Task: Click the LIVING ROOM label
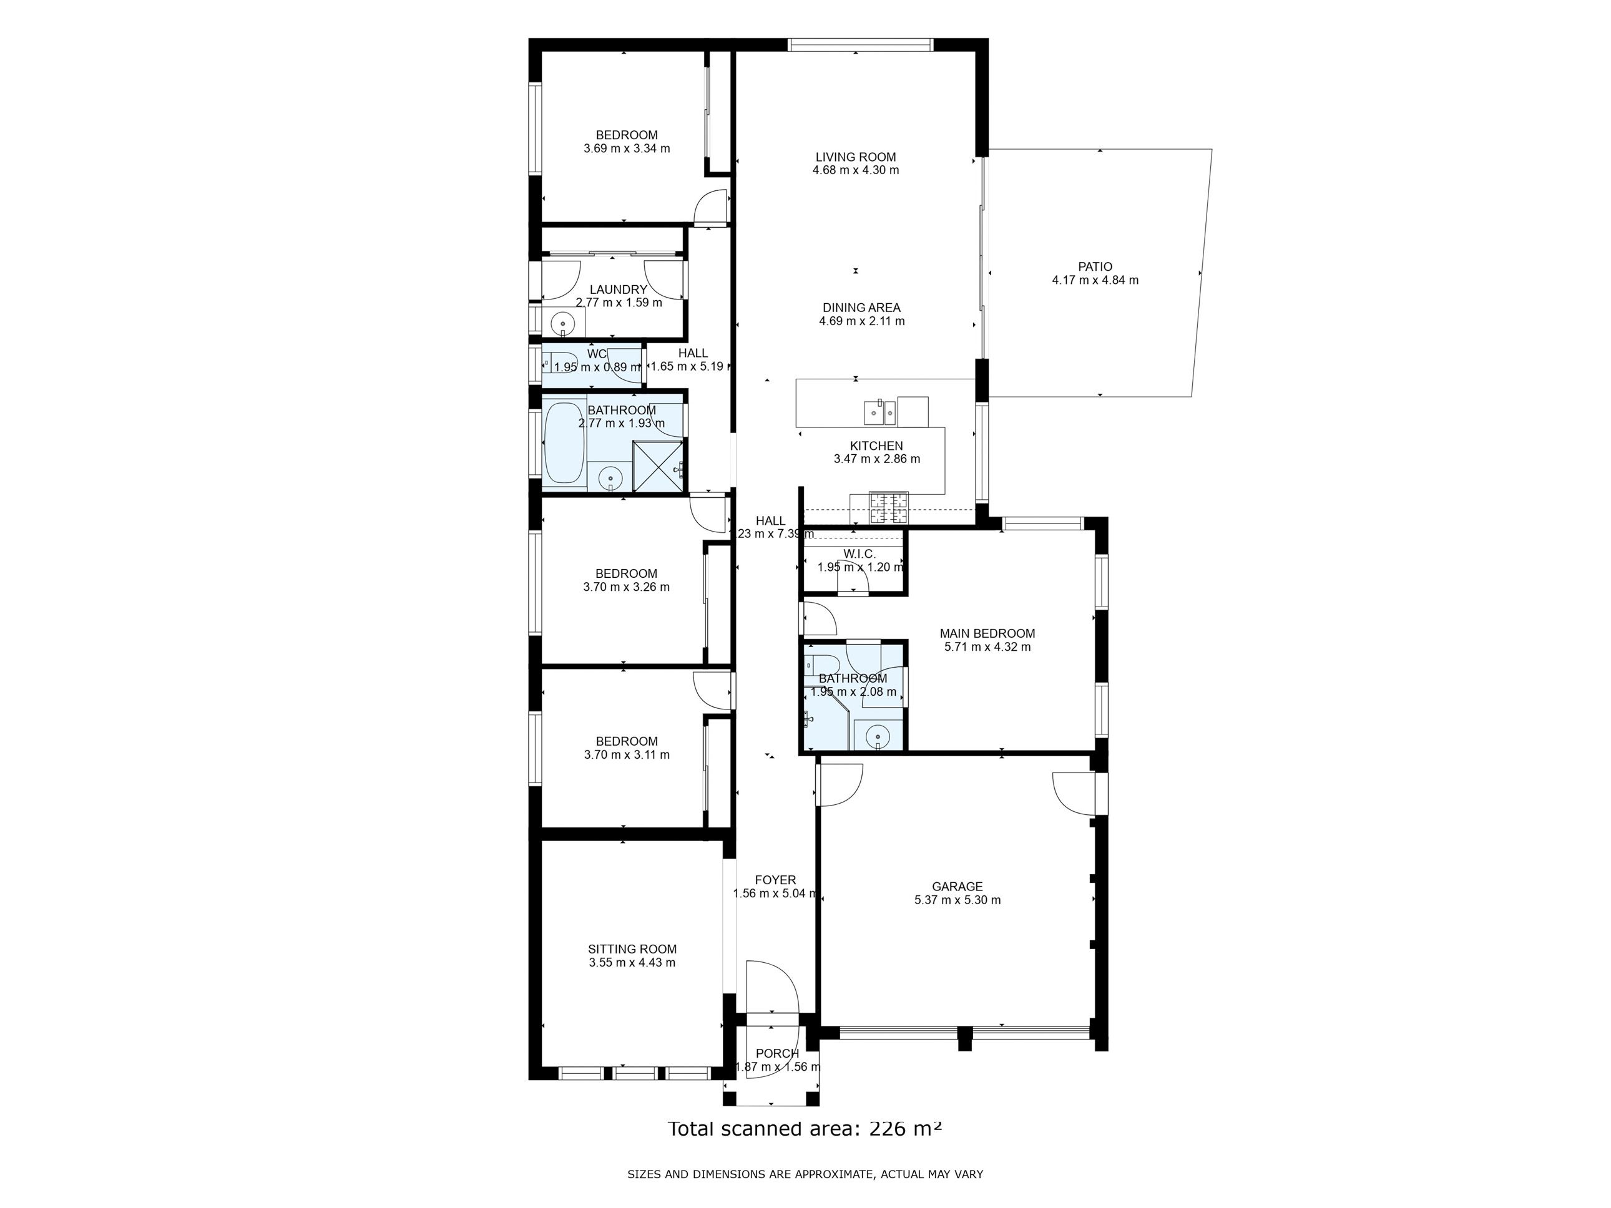pos(855,157)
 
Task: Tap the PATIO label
pos(1095,266)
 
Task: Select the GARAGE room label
pos(957,886)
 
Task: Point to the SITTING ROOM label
pos(632,949)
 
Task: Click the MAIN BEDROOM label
pos(987,633)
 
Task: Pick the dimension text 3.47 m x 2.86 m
pos(877,459)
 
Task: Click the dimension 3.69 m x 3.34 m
pos(626,149)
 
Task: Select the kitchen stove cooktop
pos(889,509)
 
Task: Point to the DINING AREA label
pos(861,307)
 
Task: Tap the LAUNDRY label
pos(619,289)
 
